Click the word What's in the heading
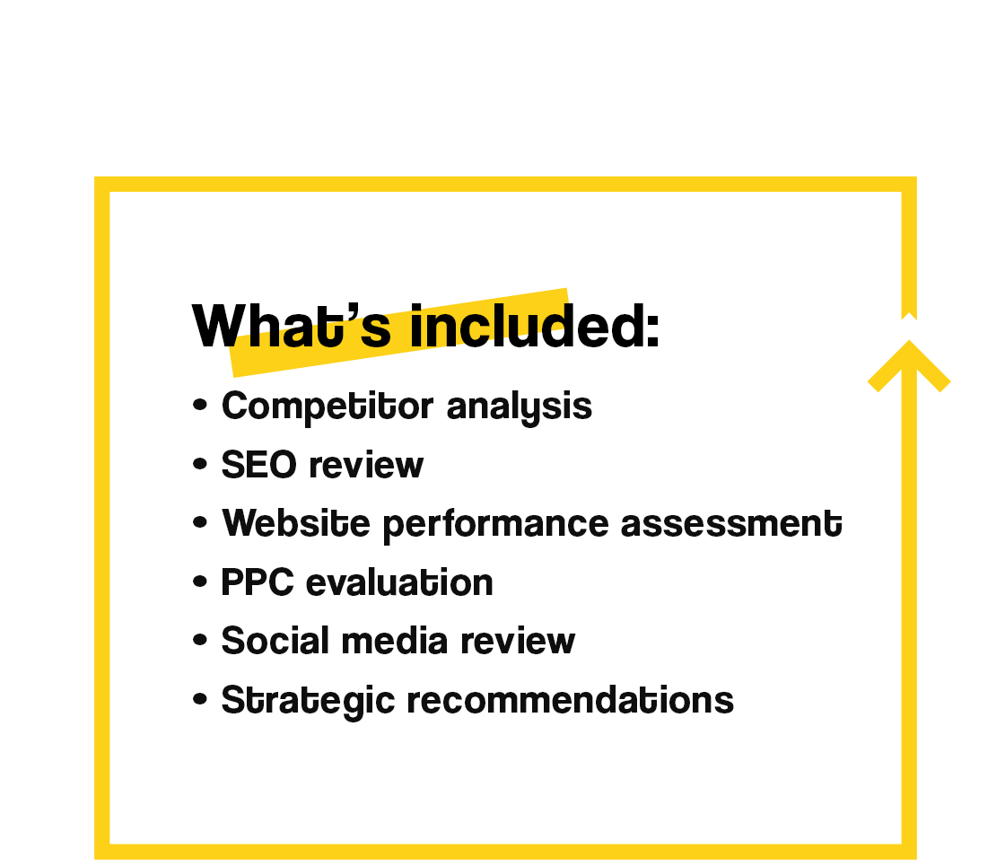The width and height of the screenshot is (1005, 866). (292, 326)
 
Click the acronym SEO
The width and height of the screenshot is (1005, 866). (259, 465)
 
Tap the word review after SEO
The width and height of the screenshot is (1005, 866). (366, 465)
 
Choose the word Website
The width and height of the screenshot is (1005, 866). (296, 523)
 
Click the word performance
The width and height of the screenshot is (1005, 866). (495, 525)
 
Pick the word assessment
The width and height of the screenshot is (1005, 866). (731, 524)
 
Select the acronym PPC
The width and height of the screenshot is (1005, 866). (258, 582)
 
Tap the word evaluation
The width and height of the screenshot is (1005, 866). (399, 582)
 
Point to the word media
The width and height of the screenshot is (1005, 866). (394, 641)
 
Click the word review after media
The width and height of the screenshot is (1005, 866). (518, 641)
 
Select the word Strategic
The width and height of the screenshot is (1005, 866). (308, 700)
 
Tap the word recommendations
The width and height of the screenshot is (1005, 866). (571, 699)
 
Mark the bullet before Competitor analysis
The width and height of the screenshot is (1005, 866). (200, 405)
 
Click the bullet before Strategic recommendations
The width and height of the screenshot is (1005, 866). (200, 699)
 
